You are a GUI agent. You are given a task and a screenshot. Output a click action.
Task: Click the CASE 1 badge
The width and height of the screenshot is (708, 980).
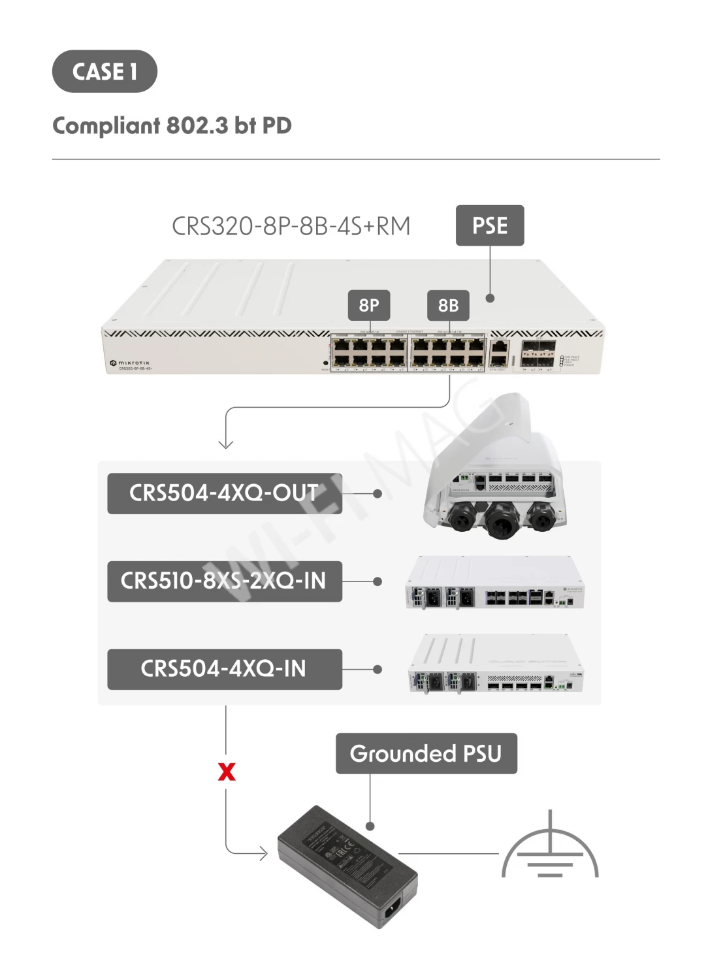pos(105,71)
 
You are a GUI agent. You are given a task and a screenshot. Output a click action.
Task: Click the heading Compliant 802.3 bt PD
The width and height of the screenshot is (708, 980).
pos(172,125)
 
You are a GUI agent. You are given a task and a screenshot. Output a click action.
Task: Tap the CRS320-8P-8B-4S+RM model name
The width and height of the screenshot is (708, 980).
pos(291,226)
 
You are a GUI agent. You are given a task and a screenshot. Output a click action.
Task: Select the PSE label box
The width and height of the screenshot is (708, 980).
pos(490,226)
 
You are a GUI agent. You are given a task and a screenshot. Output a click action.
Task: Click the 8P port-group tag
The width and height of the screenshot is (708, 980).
pos(369,305)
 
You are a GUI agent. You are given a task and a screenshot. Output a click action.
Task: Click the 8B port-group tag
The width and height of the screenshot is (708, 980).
pos(448,305)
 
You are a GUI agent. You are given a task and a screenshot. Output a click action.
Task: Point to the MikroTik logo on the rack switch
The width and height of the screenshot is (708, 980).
pos(130,363)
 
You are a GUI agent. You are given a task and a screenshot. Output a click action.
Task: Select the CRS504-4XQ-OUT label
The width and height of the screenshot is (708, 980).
pos(224,493)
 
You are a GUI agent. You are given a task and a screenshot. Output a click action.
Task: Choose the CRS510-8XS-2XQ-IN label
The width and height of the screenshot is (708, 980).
pos(224,581)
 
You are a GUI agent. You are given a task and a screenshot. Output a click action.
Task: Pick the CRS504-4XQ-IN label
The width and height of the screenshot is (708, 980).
pos(224,669)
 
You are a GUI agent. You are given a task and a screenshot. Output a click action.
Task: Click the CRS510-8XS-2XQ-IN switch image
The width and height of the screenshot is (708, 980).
pos(494,583)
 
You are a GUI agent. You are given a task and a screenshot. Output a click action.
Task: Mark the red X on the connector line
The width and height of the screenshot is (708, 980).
pos(227,772)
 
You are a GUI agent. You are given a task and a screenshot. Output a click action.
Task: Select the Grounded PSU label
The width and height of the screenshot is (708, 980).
pos(426,753)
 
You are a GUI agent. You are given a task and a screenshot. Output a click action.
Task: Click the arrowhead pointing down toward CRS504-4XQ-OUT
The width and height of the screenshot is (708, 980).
pos(226,444)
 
